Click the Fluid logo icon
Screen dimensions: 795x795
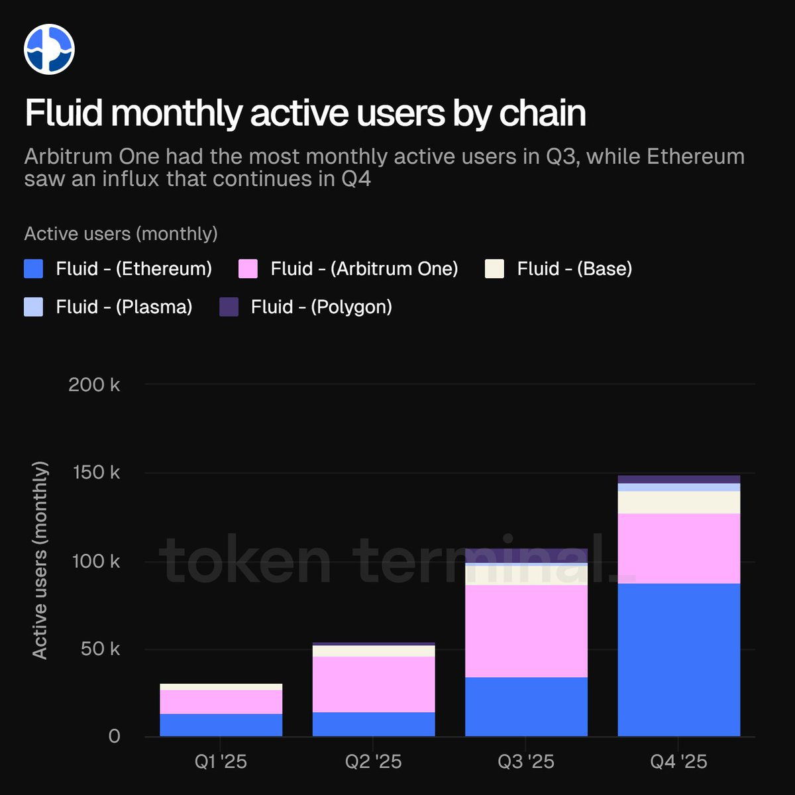coord(49,49)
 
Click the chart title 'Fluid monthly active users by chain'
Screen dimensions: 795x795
coord(305,113)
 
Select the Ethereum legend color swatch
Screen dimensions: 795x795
coord(33,268)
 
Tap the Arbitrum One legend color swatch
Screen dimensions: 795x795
coord(248,268)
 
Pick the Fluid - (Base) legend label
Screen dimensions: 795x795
coord(574,268)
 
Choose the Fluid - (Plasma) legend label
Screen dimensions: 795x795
coord(124,307)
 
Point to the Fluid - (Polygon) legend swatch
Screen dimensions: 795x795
coord(229,307)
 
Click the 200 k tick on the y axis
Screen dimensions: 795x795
coord(94,385)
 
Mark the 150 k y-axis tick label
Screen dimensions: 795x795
coord(96,472)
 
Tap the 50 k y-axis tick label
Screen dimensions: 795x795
coord(100,649)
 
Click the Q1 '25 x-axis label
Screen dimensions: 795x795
coord(221,762)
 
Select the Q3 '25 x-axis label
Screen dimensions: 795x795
coord(526,762)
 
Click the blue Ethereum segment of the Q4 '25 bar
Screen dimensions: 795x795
coord(678,660)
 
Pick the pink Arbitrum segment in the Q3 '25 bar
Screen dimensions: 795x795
coord(526,631)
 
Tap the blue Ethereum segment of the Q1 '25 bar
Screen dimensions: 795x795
coord(221,725)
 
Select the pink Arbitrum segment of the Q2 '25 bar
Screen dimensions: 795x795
coord(374,684)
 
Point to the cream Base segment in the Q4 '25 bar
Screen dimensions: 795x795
coord(678,502)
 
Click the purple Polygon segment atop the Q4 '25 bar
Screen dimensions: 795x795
coord(678,480)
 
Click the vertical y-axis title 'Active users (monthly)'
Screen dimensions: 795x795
coord(40,560)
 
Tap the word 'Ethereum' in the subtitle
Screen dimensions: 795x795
coord(696,157)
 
